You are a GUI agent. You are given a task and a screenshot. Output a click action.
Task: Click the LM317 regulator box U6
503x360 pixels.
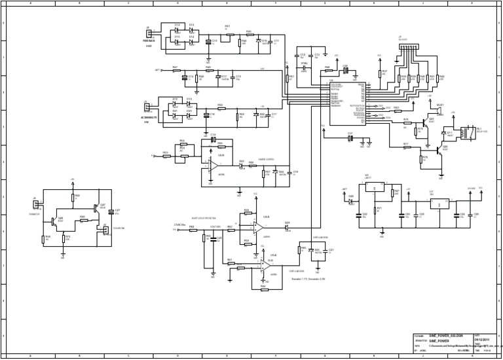coord(373,189)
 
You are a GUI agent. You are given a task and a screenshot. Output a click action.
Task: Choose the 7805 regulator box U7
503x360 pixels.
coord(436,204)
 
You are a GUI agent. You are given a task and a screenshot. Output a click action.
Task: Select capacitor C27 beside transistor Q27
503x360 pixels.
coord(111,211)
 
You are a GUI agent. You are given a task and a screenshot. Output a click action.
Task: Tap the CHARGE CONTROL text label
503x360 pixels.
coord(266,158)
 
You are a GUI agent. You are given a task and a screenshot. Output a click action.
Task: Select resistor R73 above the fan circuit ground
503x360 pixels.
coord(64,238)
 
